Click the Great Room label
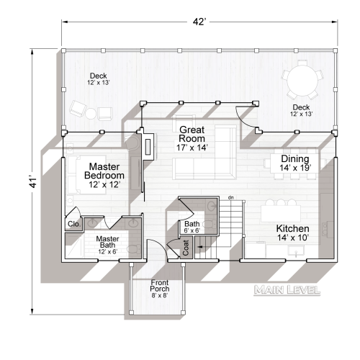click(x=192, y=134)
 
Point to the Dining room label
click(x=295, y=159)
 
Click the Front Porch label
click(x=160, y=286)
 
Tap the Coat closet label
click(x=186, y=249)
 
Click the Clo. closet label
click(x=73, y=224)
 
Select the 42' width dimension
click(x=199, y=22)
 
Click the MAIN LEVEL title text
click(x=287, y=290)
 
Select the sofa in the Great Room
click(x=205, y=162)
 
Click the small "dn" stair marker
click(x=230, y=197)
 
